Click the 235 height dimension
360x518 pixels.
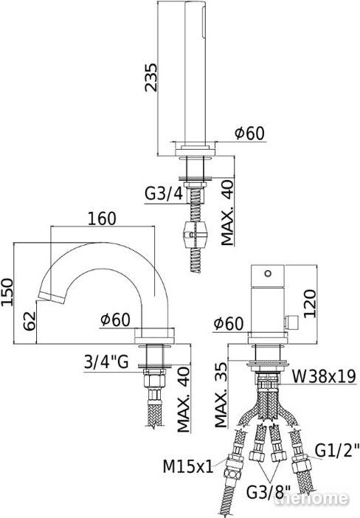pyautogui.click(x=151, y=77)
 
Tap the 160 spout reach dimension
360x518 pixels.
pyautogui.click(x=102, y=218)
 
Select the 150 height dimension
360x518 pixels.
pyautogui.click(x=7, y=292)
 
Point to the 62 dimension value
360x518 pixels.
pyautogui.click(x=30, y=321)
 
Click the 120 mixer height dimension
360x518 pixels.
pyautogui.click(x=310, y=303)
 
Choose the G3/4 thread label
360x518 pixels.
pyautogui.click(x=164, y=194)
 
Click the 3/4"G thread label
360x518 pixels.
pyautogui.click(x=106, y=362)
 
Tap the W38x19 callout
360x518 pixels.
pyautogui.click(x=324, y=376)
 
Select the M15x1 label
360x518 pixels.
pyautogui.click(x=188, y=467)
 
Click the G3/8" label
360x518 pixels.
pyautogui.click(x=269, y=492)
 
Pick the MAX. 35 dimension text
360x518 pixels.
pyautogui.click(x=221, y=395)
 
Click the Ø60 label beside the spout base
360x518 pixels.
pyautogui.click(x=115, y=320)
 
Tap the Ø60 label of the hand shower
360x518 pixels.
pyautogui.click(x=249, y=133)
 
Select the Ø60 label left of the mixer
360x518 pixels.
pyautogui.click(x=229, y=323)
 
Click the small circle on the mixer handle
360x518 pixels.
pyautogui.click(x=268, y=273)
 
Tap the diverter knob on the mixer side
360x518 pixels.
pyautogui.click(x=291, y=321)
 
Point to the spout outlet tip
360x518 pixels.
pyautogui.click(x=51, y=297)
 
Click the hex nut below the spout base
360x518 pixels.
pyautogui.click(x=154, y=379)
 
